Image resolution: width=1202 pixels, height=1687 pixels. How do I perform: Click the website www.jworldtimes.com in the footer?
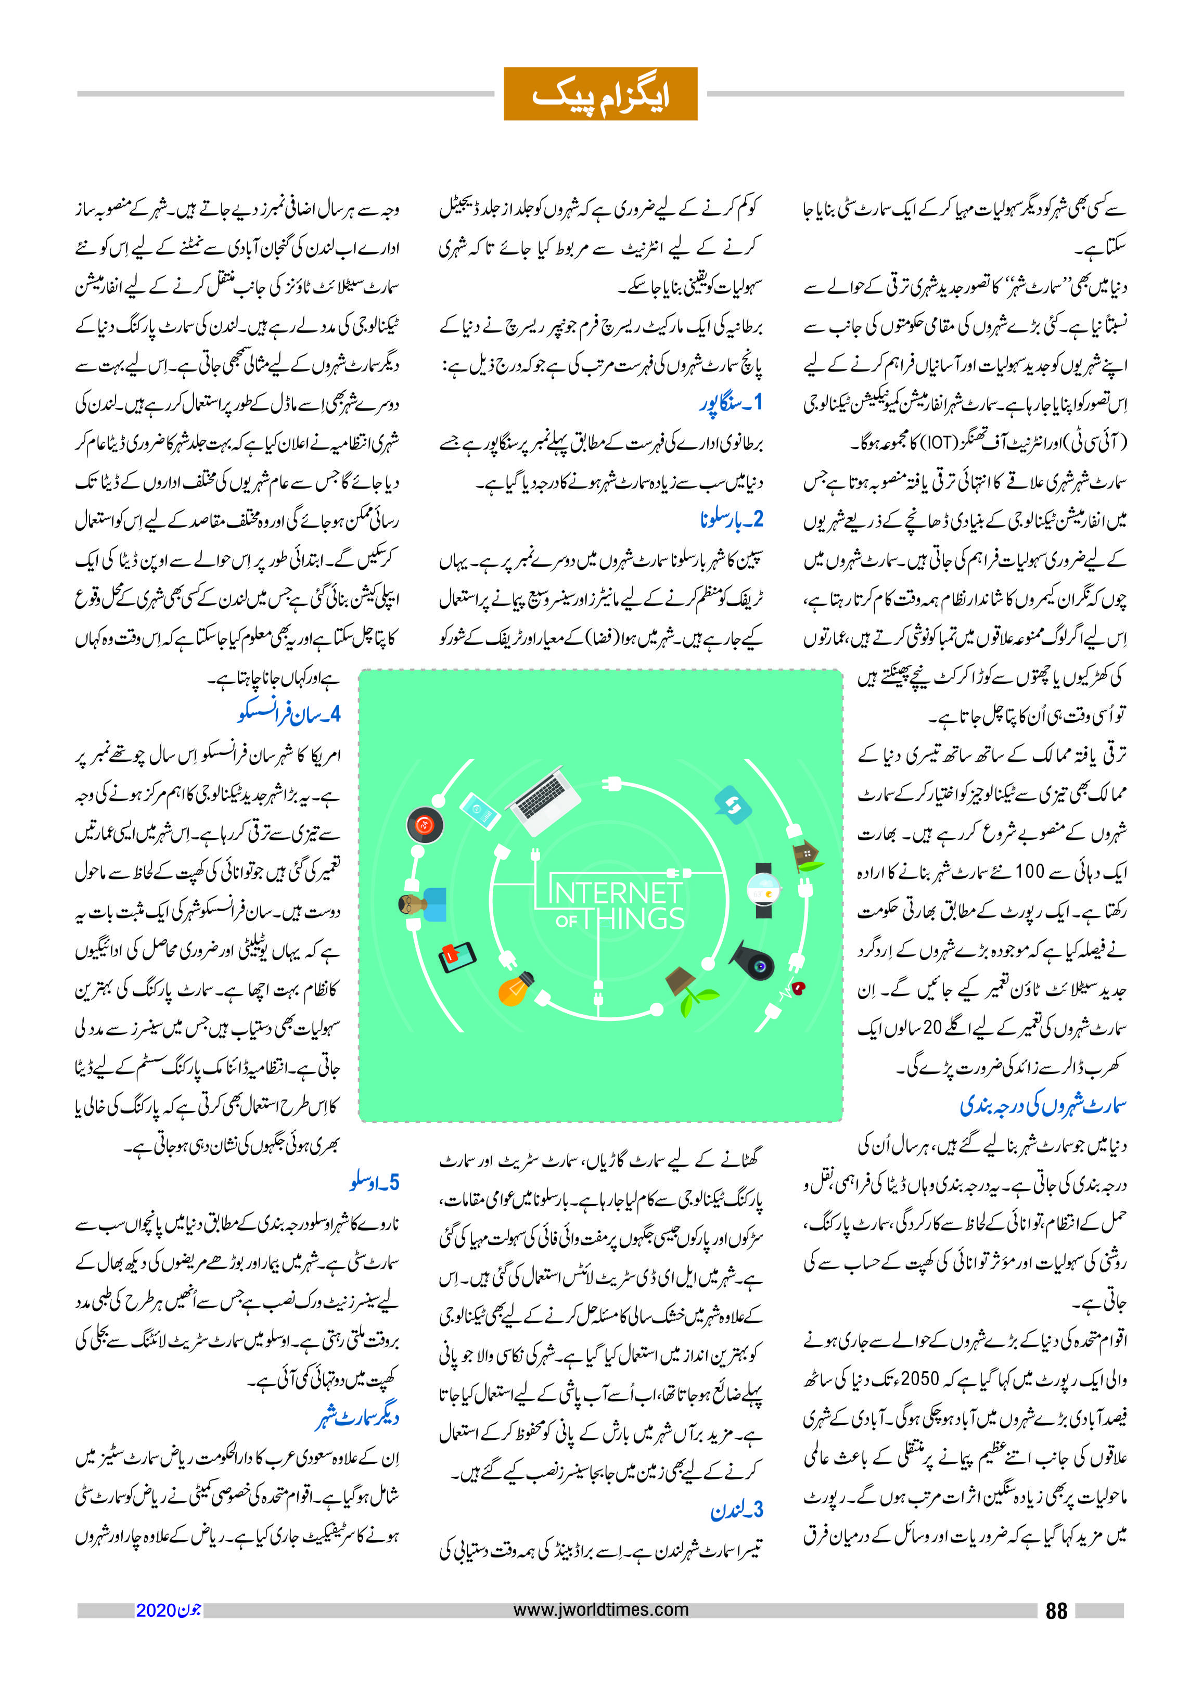pyautogui.click(x=600, y=1610)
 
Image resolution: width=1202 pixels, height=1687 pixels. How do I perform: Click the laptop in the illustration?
pyautogui.click(x=544, y=799)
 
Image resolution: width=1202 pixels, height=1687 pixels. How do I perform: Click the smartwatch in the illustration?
pyautogui.click(x=763, y=890)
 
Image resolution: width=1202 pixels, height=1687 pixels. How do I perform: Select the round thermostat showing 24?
pyautogui.click(x=424, y=824)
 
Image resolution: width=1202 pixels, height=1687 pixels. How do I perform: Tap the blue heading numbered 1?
pyautogui.click(x=731, y=403)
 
